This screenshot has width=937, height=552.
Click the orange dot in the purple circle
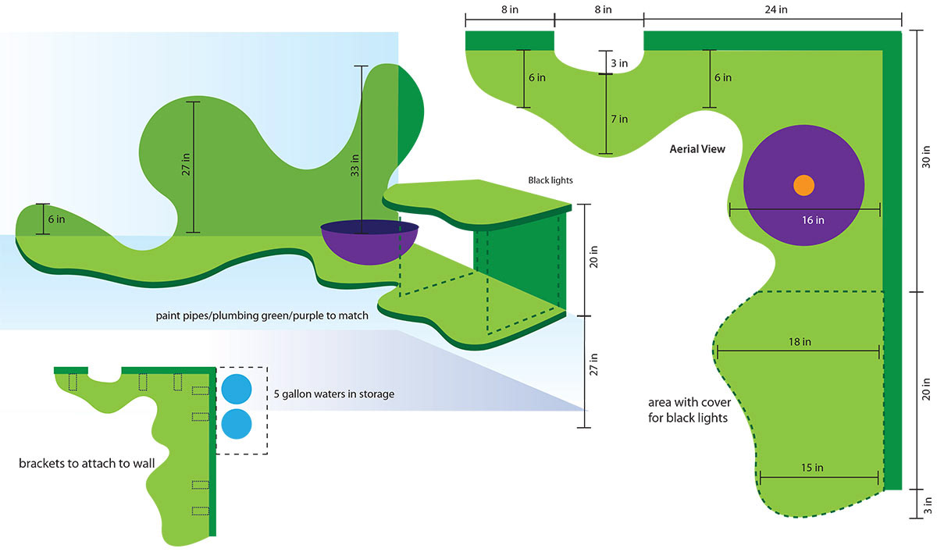click(803, 186)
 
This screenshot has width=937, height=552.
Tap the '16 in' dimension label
click(813, 220)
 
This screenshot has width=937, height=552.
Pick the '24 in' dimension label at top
click(776, 9)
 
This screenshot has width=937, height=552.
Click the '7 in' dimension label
click(619, 119)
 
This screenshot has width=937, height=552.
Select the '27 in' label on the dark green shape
click(184, 166)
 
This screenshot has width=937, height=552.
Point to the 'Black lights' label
click(550, 180)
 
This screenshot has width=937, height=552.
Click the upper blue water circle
click(237, 388)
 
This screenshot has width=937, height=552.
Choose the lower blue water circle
click(237, 424)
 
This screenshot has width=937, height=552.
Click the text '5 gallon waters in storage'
click(333, 394)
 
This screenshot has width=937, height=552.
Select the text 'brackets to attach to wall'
click(87, 463)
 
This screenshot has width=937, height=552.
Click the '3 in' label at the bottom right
click(927, 504)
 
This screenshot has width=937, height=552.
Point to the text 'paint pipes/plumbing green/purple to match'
click(262, 317)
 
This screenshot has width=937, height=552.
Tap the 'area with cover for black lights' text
click(688, 410)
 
